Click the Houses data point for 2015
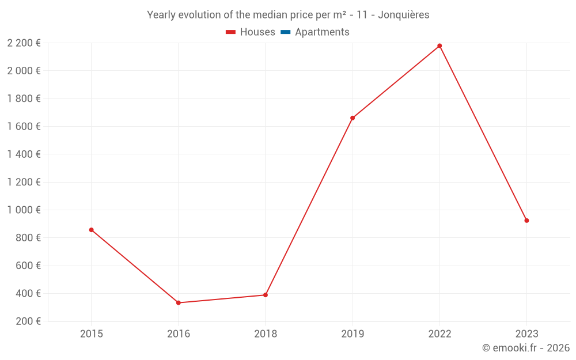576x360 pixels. coord(91,230)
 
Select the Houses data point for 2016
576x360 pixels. coord(179,303)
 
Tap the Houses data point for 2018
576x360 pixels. coord(266,295)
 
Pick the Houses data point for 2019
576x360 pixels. coord(353,118)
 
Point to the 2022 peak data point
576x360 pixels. coord(439,46)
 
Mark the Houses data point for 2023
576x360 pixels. coord(526,221)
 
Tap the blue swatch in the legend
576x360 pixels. coord(285,32)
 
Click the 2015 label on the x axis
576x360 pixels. coord(91,334)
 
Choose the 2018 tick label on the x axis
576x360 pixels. coord(266,334)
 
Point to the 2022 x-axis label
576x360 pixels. coord(439,334)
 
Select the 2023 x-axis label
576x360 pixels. coord(526,334)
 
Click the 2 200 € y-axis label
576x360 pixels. coord(24,43)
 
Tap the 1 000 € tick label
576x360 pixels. coord(24,210)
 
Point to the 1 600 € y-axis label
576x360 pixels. coord(24,126)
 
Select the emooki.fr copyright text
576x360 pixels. coord(525,348)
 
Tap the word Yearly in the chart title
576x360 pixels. coord(161,15)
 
